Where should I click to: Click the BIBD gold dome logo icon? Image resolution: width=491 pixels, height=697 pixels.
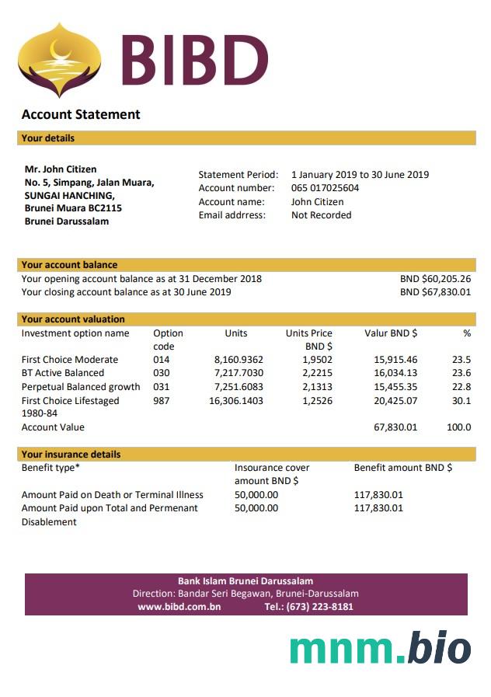[x=59, y=61]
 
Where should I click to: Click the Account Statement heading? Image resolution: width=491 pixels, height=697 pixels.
[x=81, y=114]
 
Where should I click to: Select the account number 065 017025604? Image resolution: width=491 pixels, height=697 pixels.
[x=325, y=188]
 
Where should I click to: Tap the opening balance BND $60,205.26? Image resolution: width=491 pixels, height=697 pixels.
[x=435, y=279]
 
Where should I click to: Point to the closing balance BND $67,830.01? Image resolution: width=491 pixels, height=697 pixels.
[x=435, y=293]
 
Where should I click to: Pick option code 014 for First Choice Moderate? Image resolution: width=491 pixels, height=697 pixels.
[x=162, y=360]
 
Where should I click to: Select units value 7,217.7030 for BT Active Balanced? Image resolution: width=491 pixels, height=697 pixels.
[x=239, y=373]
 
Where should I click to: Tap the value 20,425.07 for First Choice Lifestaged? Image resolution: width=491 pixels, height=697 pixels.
[x=395, y=401]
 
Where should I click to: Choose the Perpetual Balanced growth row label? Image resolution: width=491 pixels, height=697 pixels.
[x=81, y=387]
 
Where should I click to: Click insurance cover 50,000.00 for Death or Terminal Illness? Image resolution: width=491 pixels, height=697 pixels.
[x=256, y=494]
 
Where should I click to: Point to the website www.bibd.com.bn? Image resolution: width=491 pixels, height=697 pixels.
[x=179, y=607]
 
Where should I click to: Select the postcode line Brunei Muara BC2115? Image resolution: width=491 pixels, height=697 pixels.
[x=73, y=208]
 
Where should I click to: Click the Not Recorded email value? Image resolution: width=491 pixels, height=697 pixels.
[x=321, y=215]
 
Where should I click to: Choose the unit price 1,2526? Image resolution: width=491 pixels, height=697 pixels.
[x=317, y=401]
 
